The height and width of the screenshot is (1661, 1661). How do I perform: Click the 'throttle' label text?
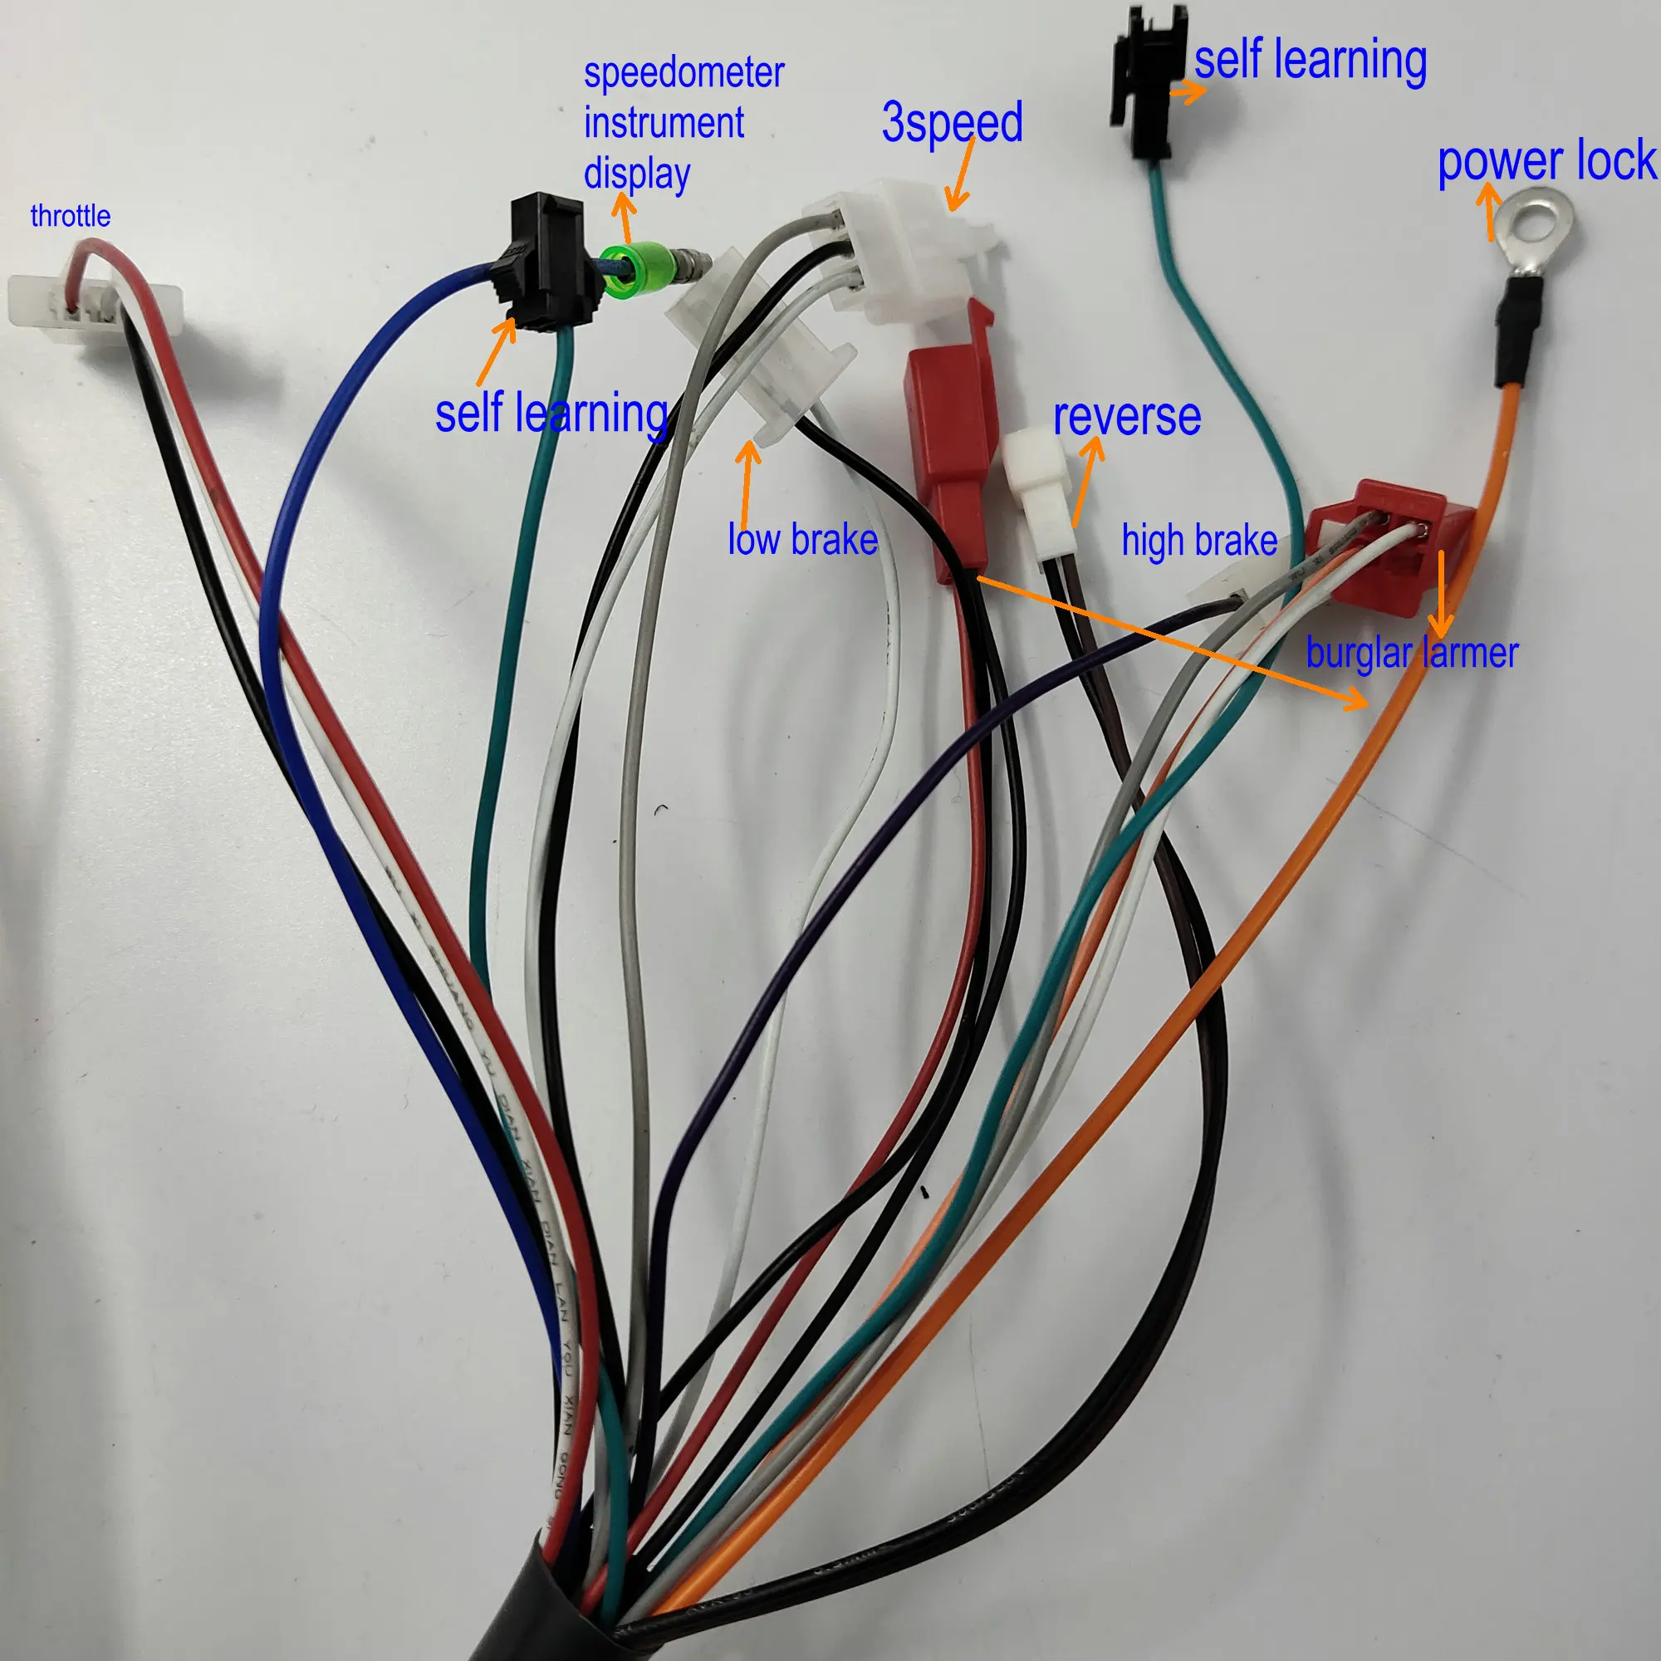pos(70,216)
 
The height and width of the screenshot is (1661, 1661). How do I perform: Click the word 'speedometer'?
pos(684,73)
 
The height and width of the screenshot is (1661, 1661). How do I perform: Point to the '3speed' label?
pos(952,122)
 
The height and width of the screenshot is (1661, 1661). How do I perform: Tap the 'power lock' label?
pos(1546,162)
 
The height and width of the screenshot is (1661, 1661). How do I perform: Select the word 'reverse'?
pos(1126,417)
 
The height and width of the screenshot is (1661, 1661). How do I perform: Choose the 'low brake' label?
pos(802,540)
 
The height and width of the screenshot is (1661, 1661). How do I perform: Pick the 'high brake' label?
pos(1198,541)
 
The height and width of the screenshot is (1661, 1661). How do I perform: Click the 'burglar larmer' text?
pos(1412,654)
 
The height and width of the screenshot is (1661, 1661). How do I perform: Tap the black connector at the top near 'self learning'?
pos(1149,81)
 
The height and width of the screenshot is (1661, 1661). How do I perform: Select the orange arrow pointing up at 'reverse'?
pos(1086,482)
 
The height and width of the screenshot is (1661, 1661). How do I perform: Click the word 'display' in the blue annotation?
pos(636,174)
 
